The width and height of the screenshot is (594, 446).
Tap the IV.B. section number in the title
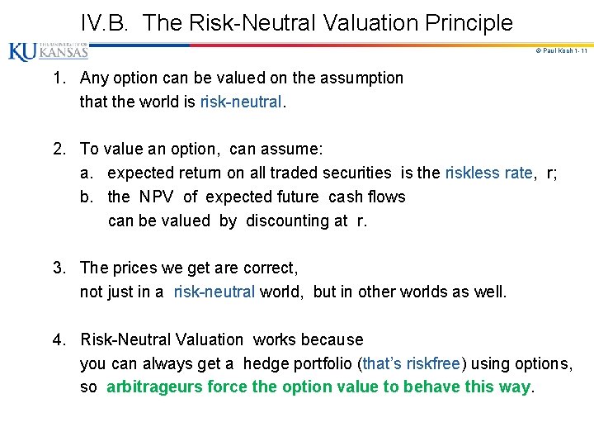106,23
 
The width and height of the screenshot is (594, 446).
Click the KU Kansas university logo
48,51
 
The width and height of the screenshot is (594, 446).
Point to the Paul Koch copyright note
560,51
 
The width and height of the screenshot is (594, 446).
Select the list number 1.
59,78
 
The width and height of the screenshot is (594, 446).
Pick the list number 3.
59,268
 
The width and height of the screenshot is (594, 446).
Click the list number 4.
59,340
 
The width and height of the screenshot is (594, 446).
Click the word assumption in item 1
361,78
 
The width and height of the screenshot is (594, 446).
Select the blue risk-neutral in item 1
240,102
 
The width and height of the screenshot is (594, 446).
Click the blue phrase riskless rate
488,173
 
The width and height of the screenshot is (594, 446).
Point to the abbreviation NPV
156,197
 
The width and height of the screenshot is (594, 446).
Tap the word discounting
294,221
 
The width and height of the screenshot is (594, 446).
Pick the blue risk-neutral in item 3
214,292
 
